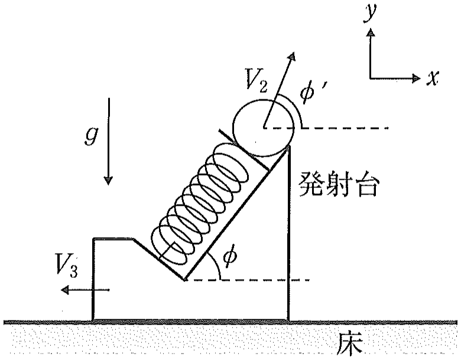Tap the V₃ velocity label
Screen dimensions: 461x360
pyautogui.click(x=67, y=267)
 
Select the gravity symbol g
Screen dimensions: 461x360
pyautogui.click(x=90, y=136)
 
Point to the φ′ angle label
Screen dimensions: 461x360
pyautogui.click(x=311, y=91)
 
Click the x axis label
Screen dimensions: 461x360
pyautogui.click(x=433, y=78)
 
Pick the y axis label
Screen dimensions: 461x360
pyautogui.click(x=369, y=12)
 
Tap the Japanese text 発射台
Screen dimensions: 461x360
pyautogui.click(x=337, y=185)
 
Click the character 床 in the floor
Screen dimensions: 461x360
pyautogui.click(x=350, y=344)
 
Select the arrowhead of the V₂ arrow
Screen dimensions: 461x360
pyautogui.click(x=291, y=56)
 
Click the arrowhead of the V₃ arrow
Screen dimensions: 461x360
pyautogui.click(x=64, y=290)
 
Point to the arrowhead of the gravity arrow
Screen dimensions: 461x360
pyautogui.click(x=109, y=180)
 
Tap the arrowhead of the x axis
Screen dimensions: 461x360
pyautogui.click(x=417, y=78)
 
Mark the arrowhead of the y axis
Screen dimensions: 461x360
pyautogui.click(x=371, y=31)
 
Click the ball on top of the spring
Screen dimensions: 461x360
pyautogui.click(x=264, y=127)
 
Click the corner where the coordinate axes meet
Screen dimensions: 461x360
pyautogui.click(x=371, y=79)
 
